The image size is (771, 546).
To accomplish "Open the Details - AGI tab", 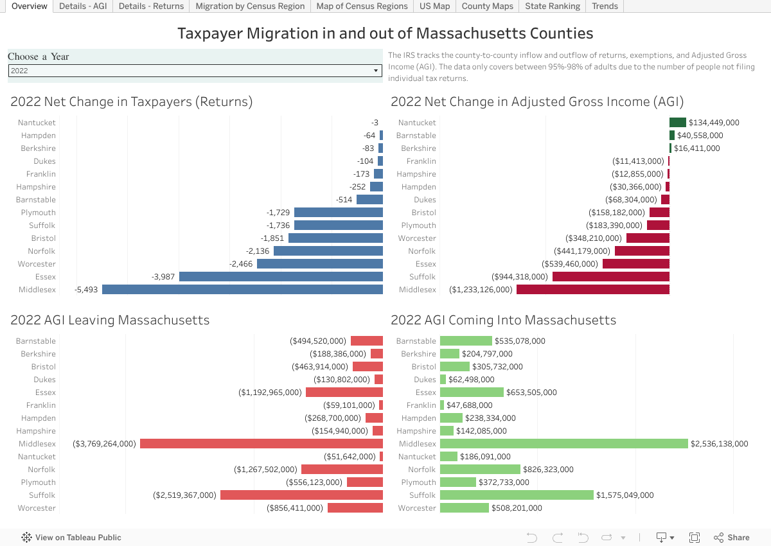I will tap(83, 6).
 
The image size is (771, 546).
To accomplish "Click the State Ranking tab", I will tap(552, 6).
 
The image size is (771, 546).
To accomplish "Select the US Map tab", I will tap(434, 6).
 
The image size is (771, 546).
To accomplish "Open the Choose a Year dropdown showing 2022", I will tap(195, 71).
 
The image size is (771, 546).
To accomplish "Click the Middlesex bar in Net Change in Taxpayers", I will tap(242, 290).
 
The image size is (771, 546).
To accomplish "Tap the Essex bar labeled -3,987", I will tap(281, 277).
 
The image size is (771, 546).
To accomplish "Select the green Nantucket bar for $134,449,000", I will tap(677, 123).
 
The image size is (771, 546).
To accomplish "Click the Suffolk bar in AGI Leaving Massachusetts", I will tap(301, 495).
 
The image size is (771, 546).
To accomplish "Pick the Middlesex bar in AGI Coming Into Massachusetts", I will tap(563, 444).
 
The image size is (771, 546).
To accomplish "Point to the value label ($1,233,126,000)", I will tap(481, 290).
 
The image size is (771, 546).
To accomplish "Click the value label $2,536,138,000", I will tap(719, 444).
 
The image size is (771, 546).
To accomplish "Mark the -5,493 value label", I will tap(87, 290).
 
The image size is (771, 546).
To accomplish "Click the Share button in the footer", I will tap(732, 538).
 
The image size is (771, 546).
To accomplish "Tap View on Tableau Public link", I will tap(71, 538).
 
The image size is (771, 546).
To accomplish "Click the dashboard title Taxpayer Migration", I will tap(385, 33).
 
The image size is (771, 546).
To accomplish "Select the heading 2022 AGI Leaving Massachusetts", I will tap(110, 320).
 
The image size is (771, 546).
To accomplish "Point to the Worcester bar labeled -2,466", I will tap(319, 264).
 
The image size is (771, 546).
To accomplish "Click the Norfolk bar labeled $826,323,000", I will tap(480, 470).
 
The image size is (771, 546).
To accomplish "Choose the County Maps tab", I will tap(487, 6).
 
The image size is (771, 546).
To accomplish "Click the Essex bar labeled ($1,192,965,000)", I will tap(344, 392).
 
